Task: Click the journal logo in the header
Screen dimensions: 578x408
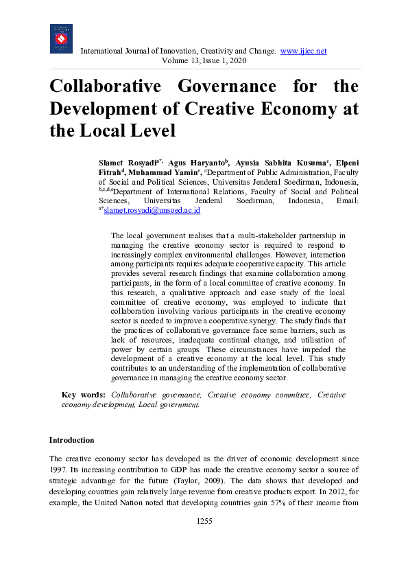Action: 61,38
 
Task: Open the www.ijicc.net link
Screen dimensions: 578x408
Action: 303,51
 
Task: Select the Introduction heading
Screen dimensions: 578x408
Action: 71,440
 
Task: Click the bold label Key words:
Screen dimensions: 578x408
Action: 84,395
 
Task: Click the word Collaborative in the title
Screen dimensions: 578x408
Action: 103,87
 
